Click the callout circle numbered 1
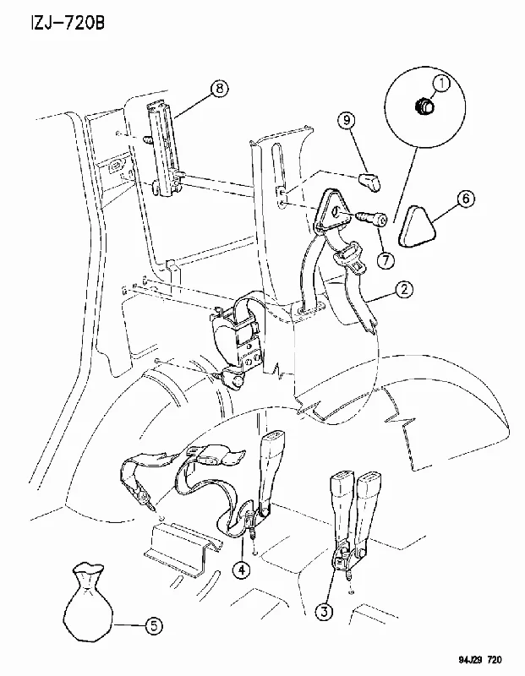click(x=441, y=84)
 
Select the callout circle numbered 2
click(x=404, y=289)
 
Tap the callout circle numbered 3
click(x=325, y=611)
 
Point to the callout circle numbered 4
click(x=242, y=570)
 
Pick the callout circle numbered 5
click(x=154, y=625)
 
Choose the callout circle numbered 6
click(x=465, y=199)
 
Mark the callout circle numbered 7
click(x=386, y=260)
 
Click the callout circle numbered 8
click(x=219, y=89)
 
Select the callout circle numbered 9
click(x=347, y=119)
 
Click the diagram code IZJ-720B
click(x=67, y=23)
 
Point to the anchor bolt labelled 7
click(x=370, y=219)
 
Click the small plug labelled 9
click(x=370, y=182)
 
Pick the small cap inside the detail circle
click(x=424, y=106)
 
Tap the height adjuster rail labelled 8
click(x=162, y=150)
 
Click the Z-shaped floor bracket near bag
click(x=179, y=548)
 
